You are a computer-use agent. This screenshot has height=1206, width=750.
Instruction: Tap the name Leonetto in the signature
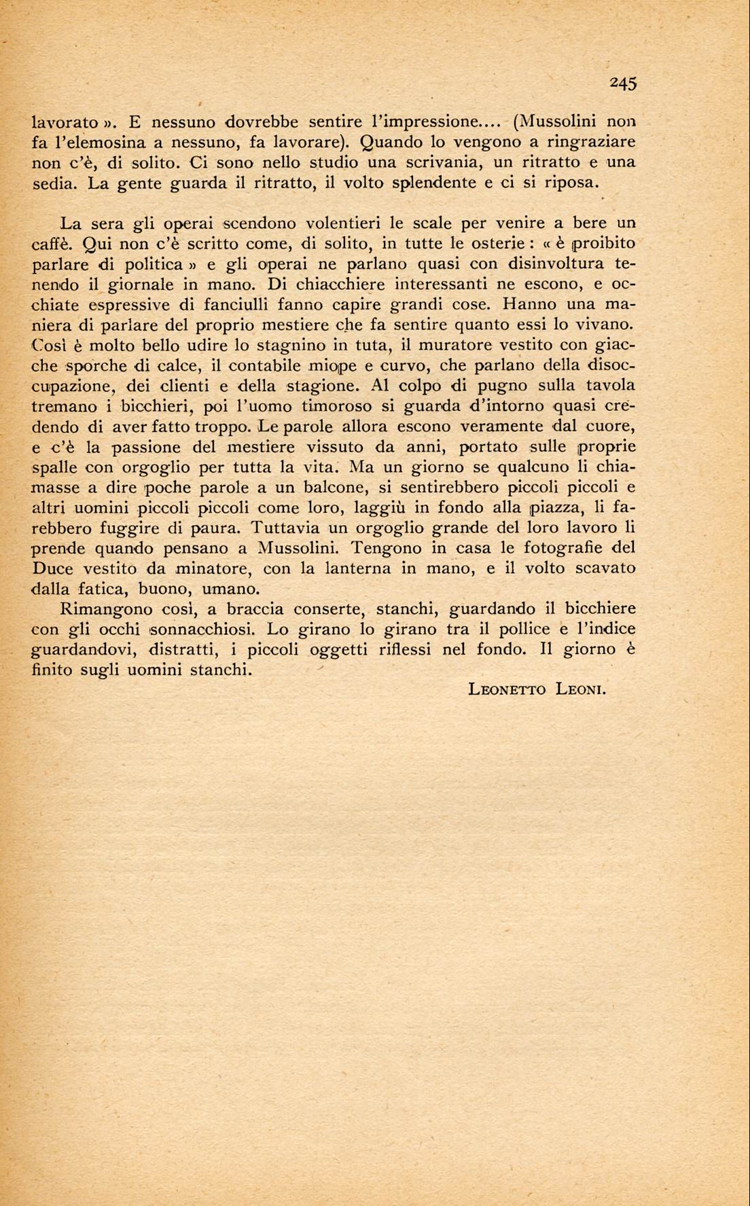pos(507,690)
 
